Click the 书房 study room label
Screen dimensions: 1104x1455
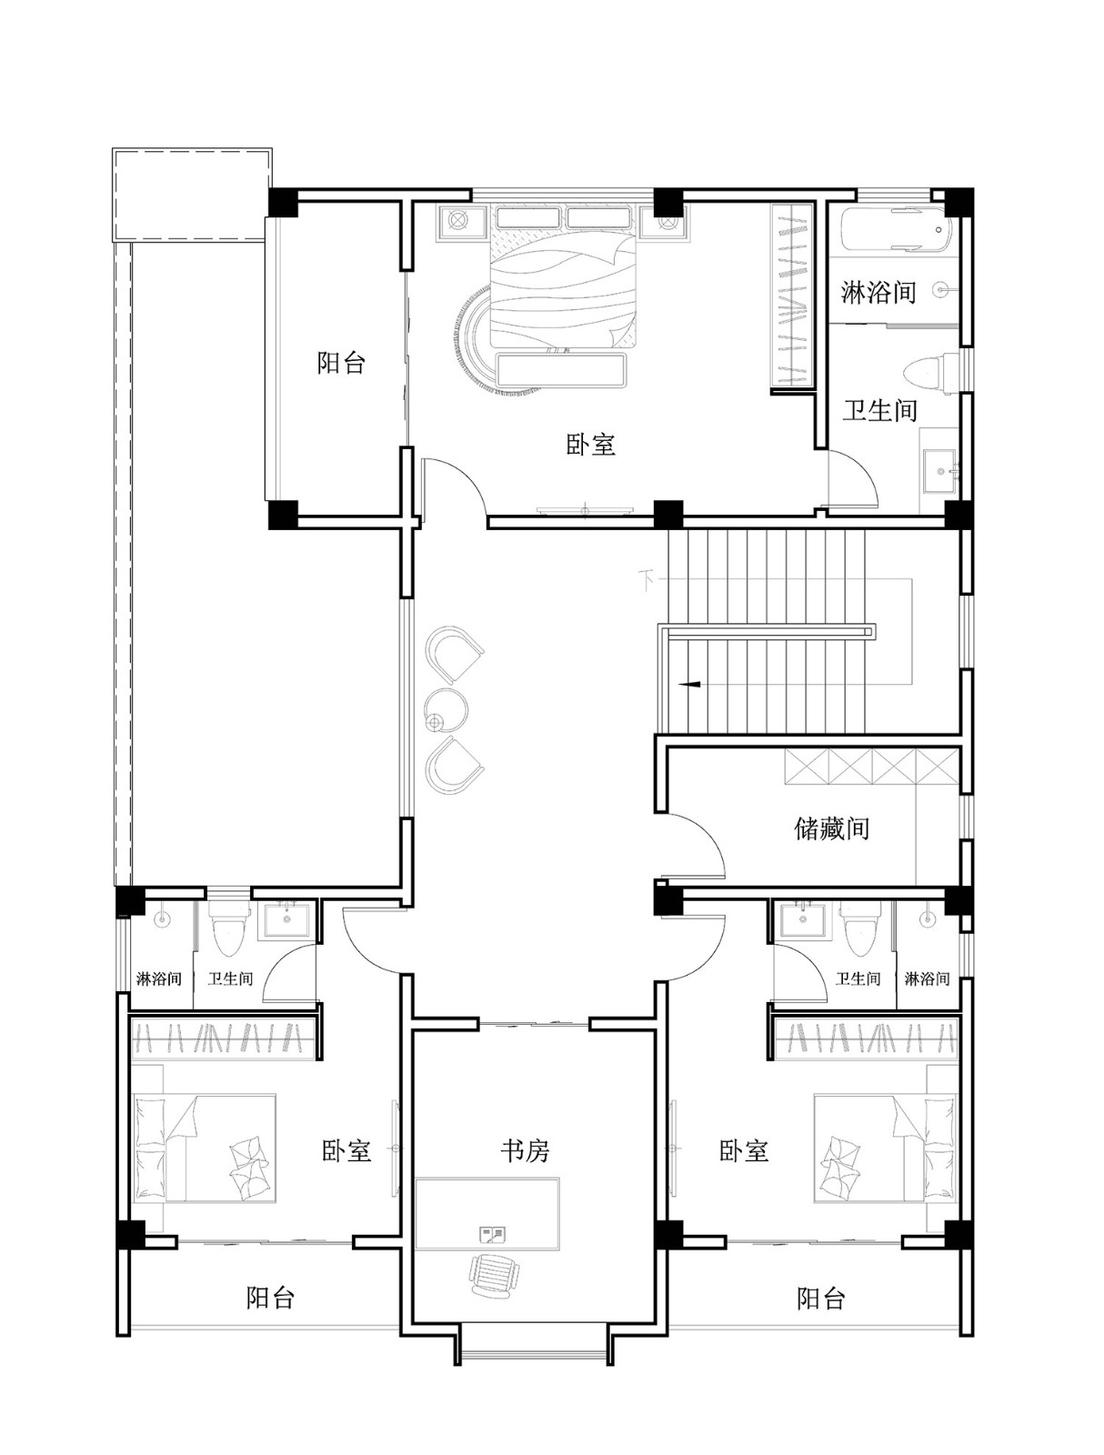pyautogui.click(x=524, y=1150)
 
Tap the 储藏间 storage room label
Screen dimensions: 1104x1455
pyautogui.click(x=831, y=828)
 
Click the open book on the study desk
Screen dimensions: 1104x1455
pyautogui.click(x=492, y=1234)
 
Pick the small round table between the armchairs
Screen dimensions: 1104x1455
pyautogui.click(x=446, y=710)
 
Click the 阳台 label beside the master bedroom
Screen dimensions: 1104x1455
pyautogui.click(x=341, y=363)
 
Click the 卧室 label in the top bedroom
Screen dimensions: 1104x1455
pyautogui.click(x=590, y=444)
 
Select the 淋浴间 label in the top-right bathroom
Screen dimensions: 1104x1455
pyautogui.click(x=878, y=292)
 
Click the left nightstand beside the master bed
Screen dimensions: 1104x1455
pyautogui.click(x=460, y=221)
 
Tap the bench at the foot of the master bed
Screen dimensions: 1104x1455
pyautogui.click(x=560, y=370)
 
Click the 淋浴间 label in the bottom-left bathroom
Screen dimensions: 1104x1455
pyautogui.click(x=159, y=978)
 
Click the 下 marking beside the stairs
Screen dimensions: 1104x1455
pyautogui.click(x=648, y=580)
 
